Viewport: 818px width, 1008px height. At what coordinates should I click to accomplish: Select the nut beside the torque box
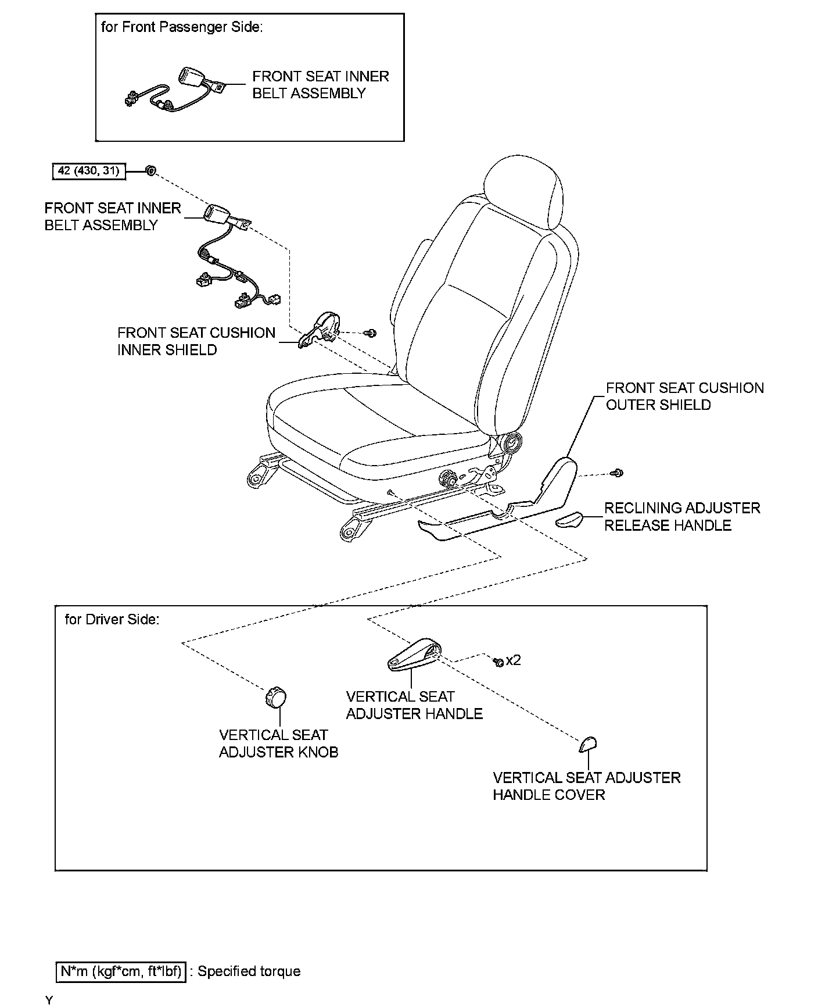click(x=150, y=170)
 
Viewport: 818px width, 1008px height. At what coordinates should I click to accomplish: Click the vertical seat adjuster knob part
click(x=277, y=698)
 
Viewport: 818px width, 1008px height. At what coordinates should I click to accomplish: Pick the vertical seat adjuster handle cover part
click(x=588, y=744)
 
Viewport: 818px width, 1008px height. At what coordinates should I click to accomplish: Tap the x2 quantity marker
click(x=513, y=660)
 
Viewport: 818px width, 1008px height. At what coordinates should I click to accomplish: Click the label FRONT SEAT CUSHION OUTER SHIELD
click(x=684, y=396)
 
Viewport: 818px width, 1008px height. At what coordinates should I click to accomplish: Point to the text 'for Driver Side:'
click(x=112, y=619)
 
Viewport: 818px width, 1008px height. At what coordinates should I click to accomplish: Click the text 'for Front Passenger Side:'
click(x=181, y=27)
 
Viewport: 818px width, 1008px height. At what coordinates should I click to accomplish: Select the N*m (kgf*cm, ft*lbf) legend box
click(x=121, y=971)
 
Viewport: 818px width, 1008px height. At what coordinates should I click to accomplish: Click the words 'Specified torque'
click(x=249, y=971)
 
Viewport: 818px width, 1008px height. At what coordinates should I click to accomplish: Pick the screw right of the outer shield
click(x=618, y=473)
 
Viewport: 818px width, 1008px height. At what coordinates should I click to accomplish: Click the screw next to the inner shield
click(x=370, y=333)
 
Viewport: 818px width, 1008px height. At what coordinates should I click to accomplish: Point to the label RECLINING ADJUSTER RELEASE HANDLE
click(x=681, y=516)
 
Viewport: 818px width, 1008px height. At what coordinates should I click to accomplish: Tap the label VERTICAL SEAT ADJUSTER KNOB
click(x=278, y=743)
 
